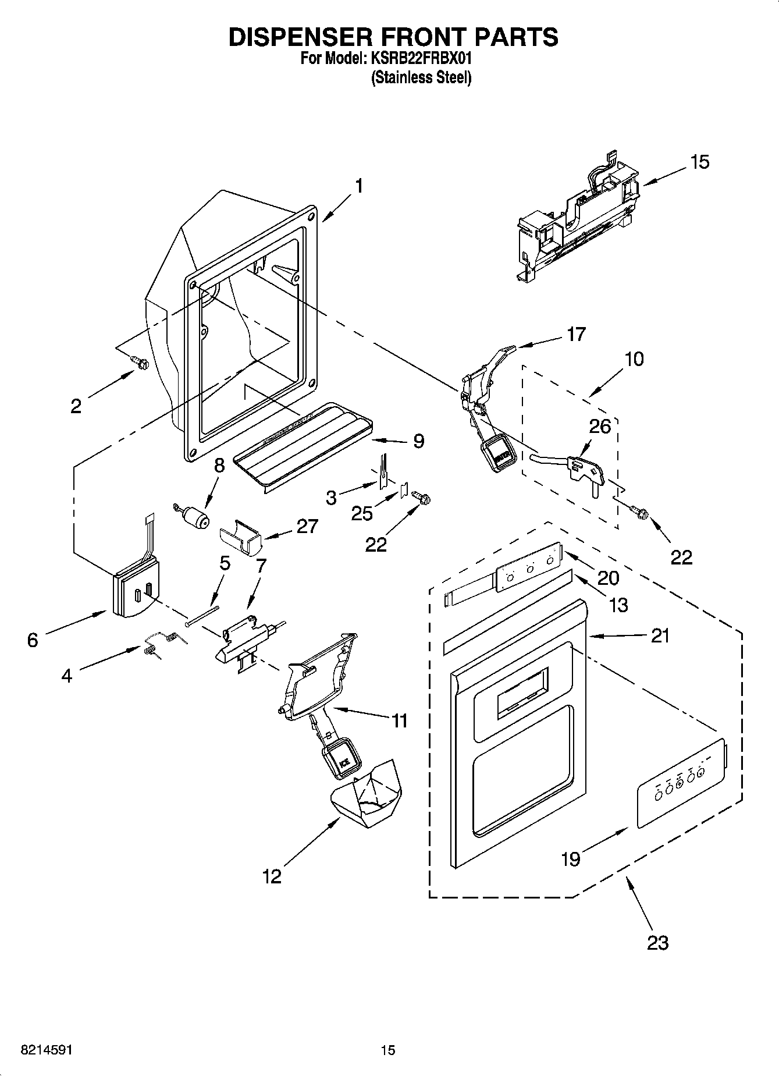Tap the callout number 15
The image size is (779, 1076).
click(x=700, y=162)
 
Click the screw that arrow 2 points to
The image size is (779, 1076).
click(x=140, y=363)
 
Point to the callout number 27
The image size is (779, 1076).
click(x=307, y=526)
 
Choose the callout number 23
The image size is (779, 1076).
click(x=658, y=942)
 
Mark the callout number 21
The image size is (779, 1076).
click(x=660, y=635)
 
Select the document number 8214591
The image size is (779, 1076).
click(x=47, y=1050)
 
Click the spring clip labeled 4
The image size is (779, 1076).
click(x=159, y=644)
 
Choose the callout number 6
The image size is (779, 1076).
click(x=33, y=640)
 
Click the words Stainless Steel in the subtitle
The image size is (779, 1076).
click(x=421, y=77)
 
